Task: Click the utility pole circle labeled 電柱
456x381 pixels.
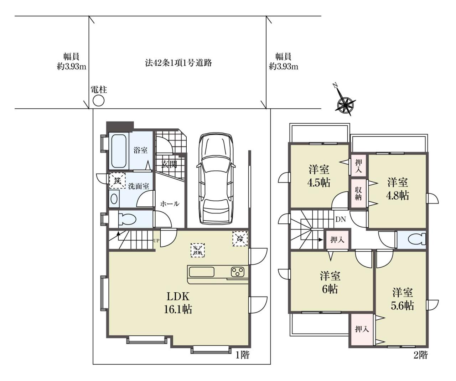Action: coord(98,101)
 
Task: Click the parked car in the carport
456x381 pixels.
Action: coord(216,178)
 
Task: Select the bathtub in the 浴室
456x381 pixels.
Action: coord(119,151)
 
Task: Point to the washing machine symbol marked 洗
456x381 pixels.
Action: coord(117,180)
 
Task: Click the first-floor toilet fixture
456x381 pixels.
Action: coord(124,219)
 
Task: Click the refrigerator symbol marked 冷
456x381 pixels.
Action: coord(240,238)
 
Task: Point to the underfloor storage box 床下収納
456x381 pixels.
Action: coord(198,250)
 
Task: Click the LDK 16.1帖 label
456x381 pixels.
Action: coord(178,303)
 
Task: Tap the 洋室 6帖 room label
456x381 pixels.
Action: coord(330,283)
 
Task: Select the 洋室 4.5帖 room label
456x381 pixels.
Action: coord(318,176)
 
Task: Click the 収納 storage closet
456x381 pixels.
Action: coord(358,194)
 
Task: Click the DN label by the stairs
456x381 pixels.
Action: coord(341,219)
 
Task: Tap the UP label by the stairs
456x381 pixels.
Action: coord(156,241)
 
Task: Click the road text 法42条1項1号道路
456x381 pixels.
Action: coord(178,63)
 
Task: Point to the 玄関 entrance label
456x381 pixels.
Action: coord(169,164)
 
